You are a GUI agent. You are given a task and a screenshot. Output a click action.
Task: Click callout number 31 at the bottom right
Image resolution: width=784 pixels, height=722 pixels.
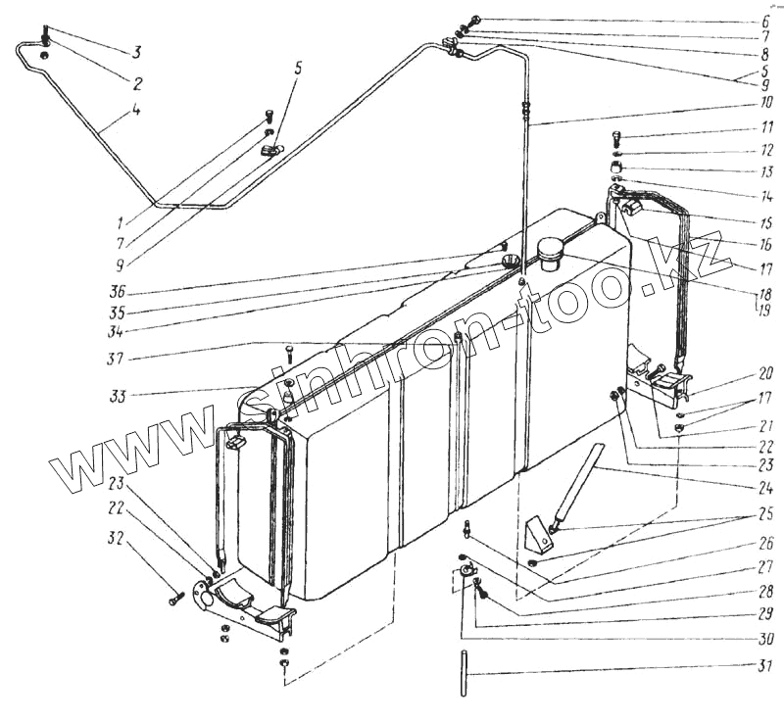[x=764, y=668]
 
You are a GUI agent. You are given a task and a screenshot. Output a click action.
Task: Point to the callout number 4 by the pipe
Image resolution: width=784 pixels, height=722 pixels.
[x=136, y=111]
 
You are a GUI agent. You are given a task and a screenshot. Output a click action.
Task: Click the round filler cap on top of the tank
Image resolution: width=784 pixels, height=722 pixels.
[x=547, y=253]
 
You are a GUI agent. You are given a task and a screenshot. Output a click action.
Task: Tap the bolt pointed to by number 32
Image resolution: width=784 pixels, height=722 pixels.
[x=175, y=597]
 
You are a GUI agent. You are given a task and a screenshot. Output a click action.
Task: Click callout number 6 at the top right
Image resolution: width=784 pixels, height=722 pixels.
[x=764, y=21]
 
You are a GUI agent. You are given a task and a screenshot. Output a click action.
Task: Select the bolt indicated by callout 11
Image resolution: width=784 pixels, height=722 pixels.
[x=616, y=137]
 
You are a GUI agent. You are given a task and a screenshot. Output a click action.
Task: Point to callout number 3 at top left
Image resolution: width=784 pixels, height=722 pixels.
[x=139, y=52]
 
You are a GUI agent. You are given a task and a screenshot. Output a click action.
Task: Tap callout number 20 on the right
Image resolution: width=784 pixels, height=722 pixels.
[x=764, y=372]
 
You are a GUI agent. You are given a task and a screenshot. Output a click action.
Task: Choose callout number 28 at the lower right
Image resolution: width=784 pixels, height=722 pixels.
[x=764, y=592]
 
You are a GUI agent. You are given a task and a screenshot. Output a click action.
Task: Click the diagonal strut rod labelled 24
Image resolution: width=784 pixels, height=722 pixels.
[x=576, y=486]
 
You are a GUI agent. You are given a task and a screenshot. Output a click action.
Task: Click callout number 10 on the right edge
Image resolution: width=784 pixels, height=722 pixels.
[x=764, y=104]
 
